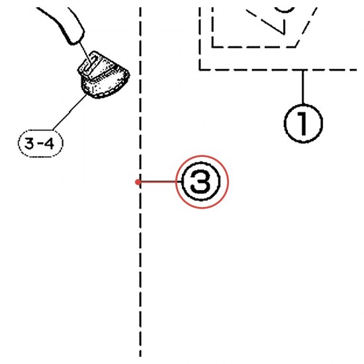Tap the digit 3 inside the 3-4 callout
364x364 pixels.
[30, 144]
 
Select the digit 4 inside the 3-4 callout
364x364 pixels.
[49, 144]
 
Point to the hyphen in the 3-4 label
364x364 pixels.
[40, 144]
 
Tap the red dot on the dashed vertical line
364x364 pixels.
[138, 182]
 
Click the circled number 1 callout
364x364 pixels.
[303, 123]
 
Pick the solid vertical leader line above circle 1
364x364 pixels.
[303, 87]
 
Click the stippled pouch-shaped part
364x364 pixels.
[103, 75]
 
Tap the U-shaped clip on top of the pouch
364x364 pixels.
[91, 64]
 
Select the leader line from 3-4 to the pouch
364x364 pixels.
[69, 112]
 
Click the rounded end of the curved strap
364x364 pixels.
[75, 40]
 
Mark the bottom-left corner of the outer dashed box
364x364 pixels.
[200, 69]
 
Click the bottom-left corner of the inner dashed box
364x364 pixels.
[212, 47]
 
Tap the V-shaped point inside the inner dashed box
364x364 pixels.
[284, 34]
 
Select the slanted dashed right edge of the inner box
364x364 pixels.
[306, 27]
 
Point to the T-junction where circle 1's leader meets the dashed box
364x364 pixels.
[303, 69]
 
